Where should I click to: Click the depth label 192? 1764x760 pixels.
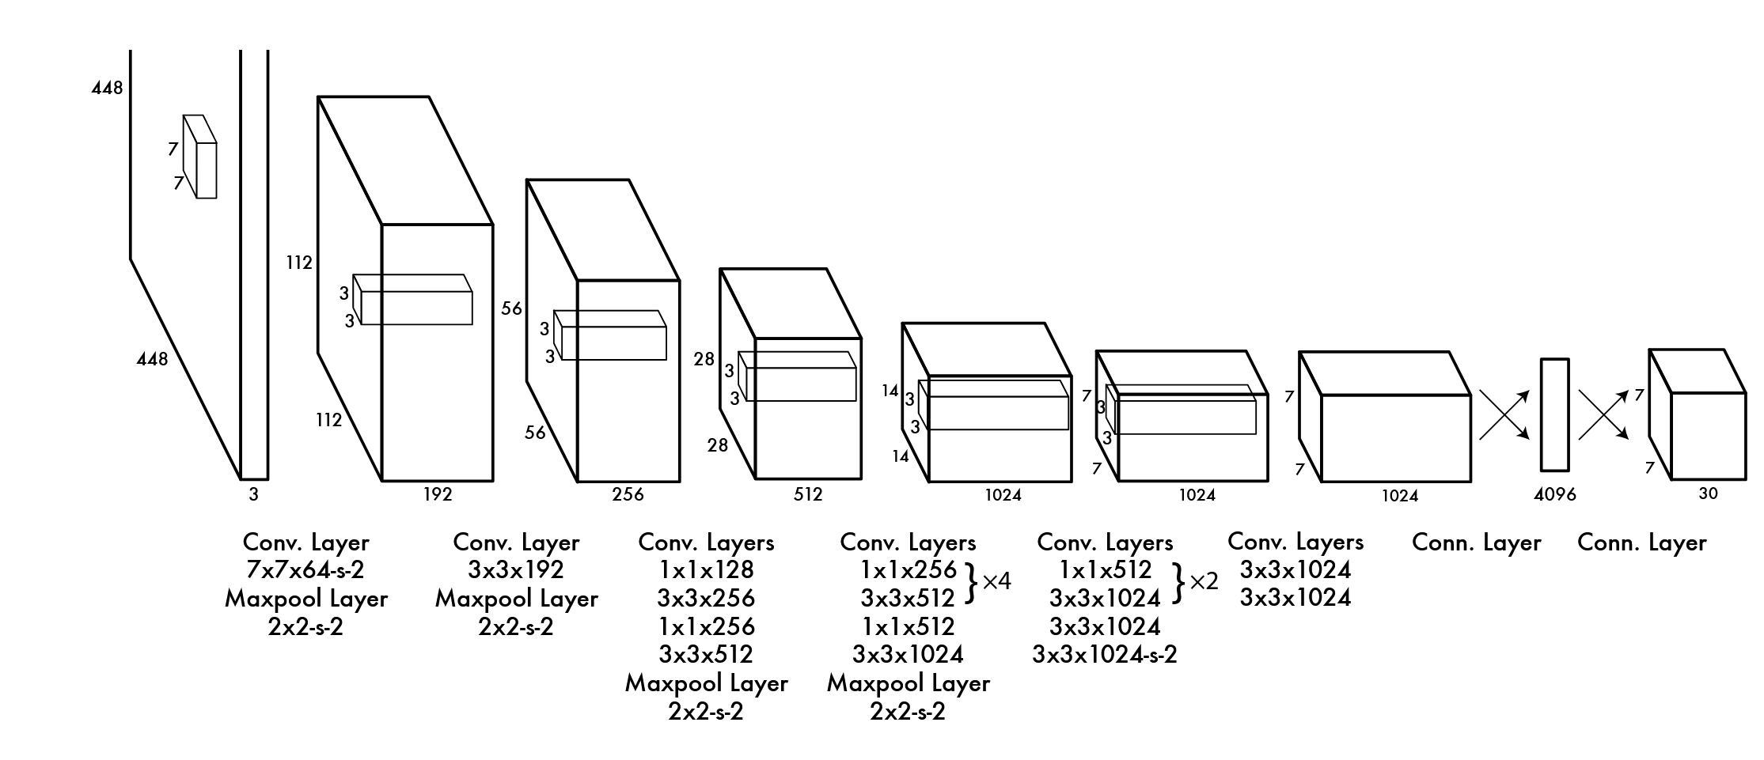click(437, 495)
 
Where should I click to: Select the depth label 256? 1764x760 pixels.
click(628, 495)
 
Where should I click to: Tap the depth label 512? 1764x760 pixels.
click(807, 495)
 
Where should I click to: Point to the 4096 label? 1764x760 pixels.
click(1554, 495)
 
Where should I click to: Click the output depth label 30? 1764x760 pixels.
click(1708, 493)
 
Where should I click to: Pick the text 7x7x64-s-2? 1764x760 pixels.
click(305, 569)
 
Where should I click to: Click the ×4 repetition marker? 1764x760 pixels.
click(996, 582)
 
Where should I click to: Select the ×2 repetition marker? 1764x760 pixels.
click(1204, 582)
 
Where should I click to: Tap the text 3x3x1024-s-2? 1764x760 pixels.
click(1104, 655)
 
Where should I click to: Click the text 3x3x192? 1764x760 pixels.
click(516, 569)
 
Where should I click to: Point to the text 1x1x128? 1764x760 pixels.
click(706, 569)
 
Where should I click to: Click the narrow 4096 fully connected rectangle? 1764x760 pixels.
click(1554, 415)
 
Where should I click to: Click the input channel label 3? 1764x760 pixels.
click(253, 495)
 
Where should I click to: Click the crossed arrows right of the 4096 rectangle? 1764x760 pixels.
click(1603, 415)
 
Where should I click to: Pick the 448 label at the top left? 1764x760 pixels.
click(107, 88)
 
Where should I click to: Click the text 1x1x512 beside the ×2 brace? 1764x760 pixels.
click(1105, 569)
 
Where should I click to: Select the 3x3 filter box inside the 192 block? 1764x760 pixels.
click(413, 300)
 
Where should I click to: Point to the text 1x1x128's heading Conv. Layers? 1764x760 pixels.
click(706, 543)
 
